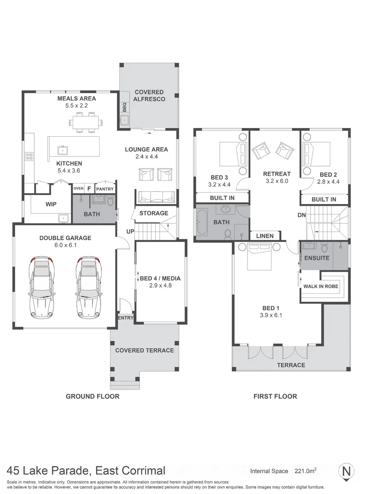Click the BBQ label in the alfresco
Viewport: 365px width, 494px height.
124,107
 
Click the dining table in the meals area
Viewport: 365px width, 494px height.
86,123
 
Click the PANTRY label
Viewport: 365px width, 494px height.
105,188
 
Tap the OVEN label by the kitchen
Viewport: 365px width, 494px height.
78,188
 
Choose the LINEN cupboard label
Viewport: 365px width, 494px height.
265,236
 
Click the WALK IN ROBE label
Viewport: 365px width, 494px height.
321,286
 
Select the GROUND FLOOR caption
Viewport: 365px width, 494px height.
92,396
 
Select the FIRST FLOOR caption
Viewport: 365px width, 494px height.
275,396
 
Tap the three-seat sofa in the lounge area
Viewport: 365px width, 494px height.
156,197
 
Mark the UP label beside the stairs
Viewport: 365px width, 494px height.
130,231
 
